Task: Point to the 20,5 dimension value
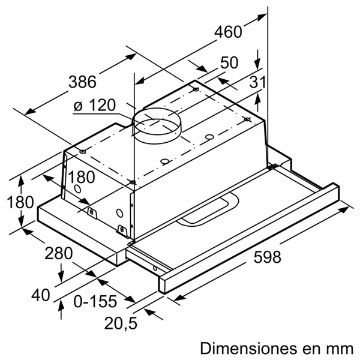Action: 120,324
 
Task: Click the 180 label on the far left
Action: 19,202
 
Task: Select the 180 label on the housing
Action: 82,178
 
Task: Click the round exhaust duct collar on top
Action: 155,124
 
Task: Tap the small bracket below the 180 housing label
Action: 92,211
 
